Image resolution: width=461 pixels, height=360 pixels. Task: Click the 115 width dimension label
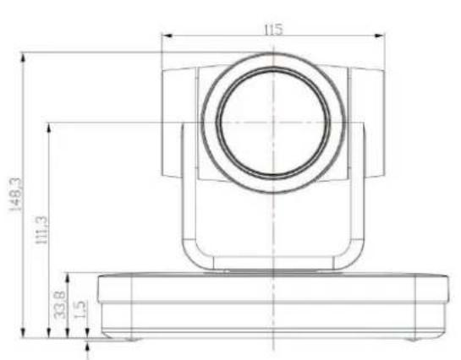[273, 30]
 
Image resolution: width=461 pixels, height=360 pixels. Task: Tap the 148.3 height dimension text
[15, 194]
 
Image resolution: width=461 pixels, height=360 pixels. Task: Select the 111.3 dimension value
[41, 230]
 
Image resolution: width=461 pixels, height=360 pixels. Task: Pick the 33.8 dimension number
[59, 304]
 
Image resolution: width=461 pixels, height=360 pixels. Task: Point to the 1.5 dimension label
[80, 309]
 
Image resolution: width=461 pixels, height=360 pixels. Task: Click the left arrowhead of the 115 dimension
[167, 35]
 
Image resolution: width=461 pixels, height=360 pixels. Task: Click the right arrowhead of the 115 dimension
[380, 35]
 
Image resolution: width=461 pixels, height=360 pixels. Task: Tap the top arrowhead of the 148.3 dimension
[23, 58]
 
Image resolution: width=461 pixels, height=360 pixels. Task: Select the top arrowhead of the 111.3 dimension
[49, 128]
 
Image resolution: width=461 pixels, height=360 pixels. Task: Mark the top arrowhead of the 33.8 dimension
[68, 278]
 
